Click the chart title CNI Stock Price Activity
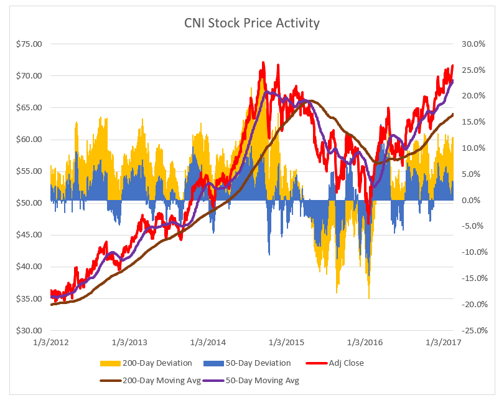(251, 24)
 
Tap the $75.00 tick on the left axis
(28, 44)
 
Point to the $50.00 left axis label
(28, 203)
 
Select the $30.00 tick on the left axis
(28, 330)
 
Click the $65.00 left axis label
(28, 108)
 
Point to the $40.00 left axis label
(28, 267)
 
